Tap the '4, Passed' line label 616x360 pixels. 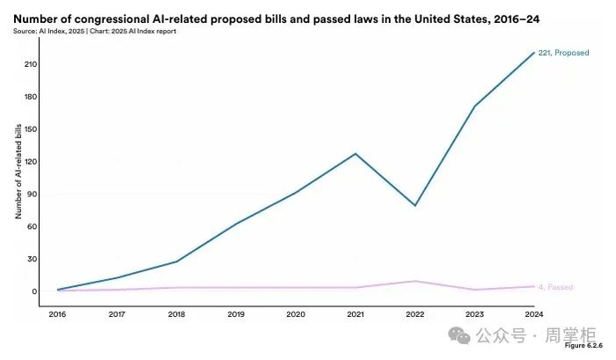coord(556,287)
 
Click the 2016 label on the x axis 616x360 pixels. coord(58,314)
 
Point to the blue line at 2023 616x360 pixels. coord(475,107)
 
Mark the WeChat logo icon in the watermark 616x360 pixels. coord(459,336)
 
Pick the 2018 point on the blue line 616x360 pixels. coord(177,261)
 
